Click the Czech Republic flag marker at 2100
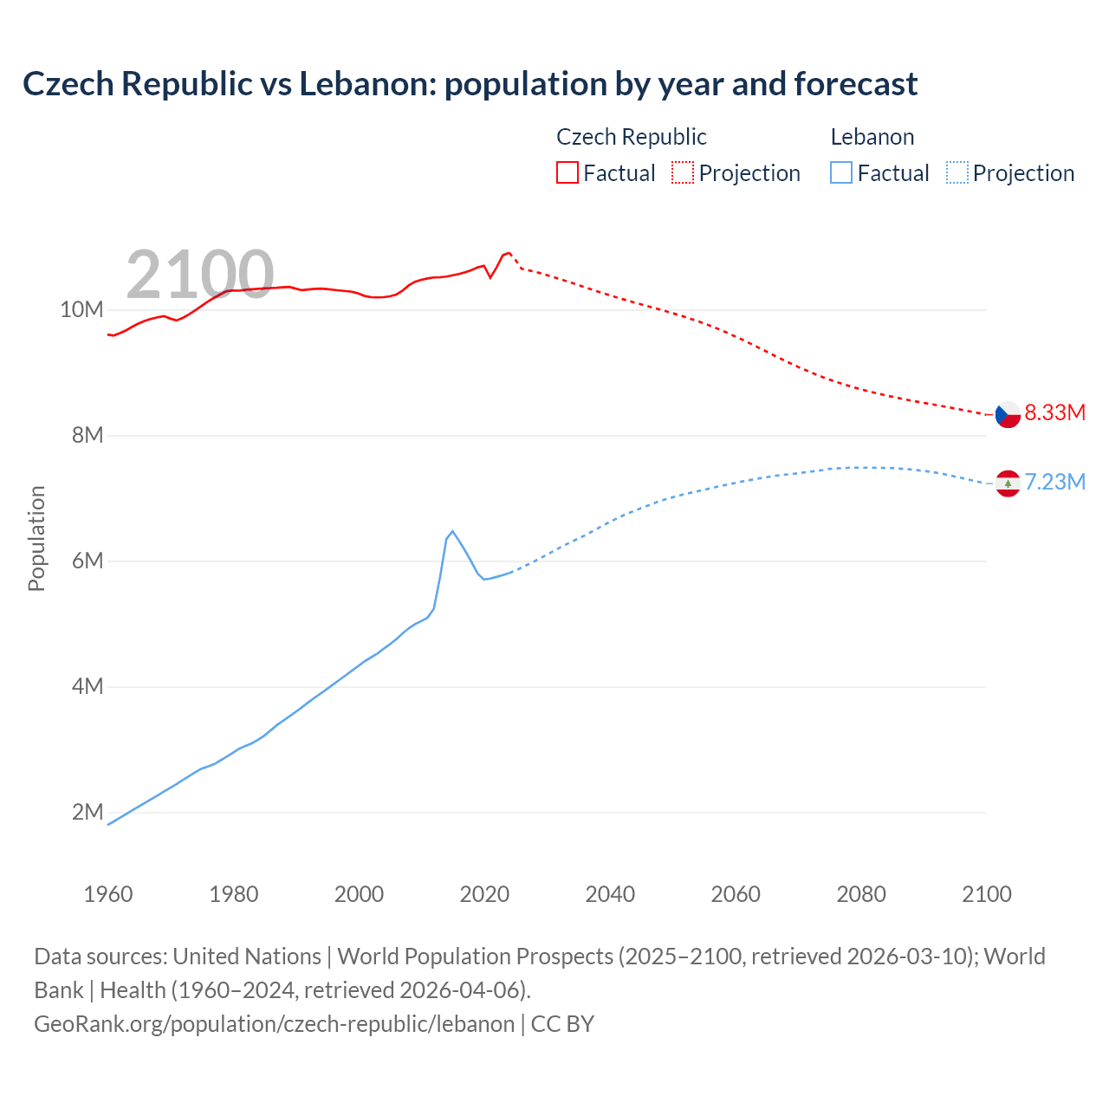coord(1008,414)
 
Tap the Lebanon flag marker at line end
coord(1008,483)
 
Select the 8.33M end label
coord(1054,412)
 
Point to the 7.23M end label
coord(1054,482)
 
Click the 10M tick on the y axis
coord(81,309)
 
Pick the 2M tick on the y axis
coord(88,812)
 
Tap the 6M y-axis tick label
coord(88,561)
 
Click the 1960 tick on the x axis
coord(108,894)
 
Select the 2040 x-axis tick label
coord(610,894)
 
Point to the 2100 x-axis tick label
coord(986,894)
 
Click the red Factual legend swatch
coord(567,172)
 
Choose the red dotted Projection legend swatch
coord(683,172)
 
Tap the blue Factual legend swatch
coord(840,172)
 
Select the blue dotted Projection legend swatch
coord(957,172)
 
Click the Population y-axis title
coord(36,538)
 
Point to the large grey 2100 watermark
coord(200,275)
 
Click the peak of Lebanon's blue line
coord(452,531)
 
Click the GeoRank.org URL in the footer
coord(274,1023)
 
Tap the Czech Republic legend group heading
coord(631,137)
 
